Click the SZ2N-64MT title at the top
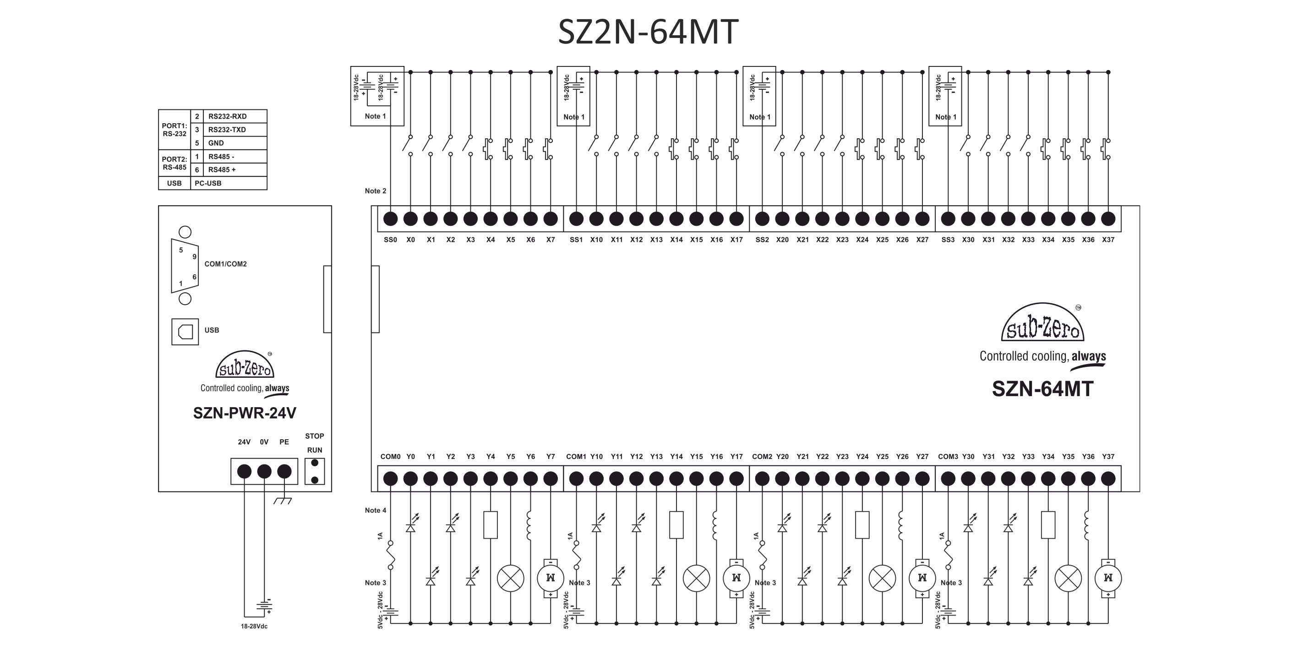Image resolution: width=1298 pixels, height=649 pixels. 648,32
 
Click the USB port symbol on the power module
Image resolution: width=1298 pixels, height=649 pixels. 185,331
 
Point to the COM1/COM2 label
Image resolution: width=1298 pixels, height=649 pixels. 225,264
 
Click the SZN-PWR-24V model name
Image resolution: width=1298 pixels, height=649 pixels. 245,413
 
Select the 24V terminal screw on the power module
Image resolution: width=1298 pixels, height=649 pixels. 245,471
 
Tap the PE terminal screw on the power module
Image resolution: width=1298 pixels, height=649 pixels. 285,471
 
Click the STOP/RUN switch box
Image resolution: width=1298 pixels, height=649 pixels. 314,471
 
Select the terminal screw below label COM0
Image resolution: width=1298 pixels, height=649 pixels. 391,478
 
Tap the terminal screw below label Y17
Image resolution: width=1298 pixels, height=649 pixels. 736,478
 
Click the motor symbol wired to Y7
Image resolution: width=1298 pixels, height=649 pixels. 551,578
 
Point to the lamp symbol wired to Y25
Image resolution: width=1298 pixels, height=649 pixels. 882,578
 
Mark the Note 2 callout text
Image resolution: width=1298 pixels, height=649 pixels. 376,191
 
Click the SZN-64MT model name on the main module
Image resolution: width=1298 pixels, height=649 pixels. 1042,389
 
